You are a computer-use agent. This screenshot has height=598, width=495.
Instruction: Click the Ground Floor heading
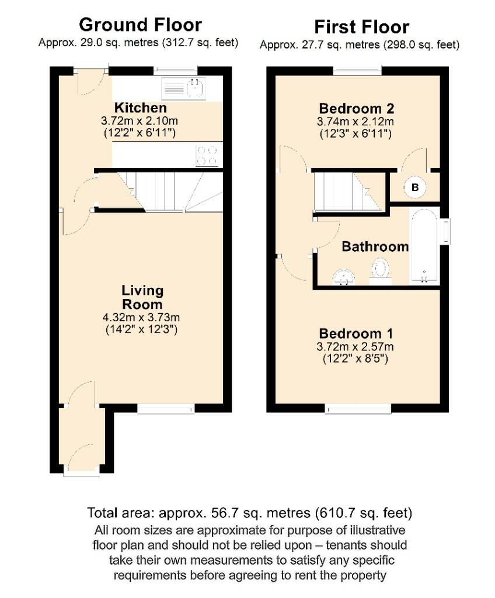pyautogui.click(x=140, y=25)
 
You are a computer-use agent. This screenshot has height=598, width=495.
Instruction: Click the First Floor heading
pyautogui.click(x=361, y=27)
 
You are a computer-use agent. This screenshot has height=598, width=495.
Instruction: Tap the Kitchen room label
pyautogui.click(x=140, y=108)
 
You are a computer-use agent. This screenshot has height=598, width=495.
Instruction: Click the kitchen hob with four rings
pyautogui.click(x=207, y=155)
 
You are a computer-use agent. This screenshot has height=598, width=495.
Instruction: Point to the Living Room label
pyautogui.click(x=142, y=297)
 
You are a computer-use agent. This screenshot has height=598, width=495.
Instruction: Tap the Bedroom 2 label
pyautogui.click(x=355, y=109)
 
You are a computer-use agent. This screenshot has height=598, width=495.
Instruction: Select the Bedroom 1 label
pyautogui.click(x=355, y=334)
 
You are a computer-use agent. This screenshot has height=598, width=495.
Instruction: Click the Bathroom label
pyautogui.click(x=375, y=246)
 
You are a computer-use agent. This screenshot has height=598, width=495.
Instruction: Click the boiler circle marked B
pyautogui.click(x=415, y=187)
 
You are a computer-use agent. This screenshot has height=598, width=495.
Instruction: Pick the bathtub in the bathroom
pyautogui.click(x=424, y=247)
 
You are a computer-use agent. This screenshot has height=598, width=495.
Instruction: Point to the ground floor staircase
pyautogui.click(x=175, y=192)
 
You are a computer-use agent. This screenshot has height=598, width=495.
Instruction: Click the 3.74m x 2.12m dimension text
pyautogui.click(x=355, y=122)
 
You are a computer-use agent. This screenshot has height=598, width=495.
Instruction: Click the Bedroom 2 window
pyautogui.click(x=357, y=71)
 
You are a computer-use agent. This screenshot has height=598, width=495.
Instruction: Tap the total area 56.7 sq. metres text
pyautogui.click(x=250, y=513)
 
